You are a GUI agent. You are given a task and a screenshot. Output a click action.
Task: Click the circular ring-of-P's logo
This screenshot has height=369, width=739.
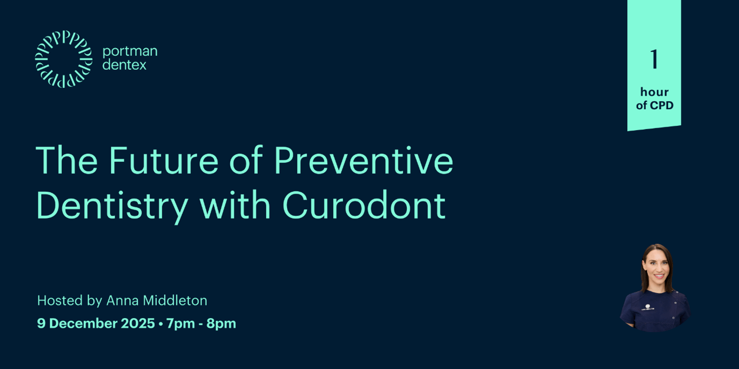(64, 59)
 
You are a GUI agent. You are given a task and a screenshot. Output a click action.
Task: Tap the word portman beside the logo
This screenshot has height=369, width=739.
(130, 51)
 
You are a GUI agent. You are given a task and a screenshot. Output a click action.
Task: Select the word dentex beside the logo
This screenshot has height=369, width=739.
(124, 65)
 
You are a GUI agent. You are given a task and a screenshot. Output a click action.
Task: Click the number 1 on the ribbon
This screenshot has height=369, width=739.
(654, 59)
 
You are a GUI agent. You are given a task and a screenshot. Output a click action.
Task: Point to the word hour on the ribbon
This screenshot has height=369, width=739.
(654, 92)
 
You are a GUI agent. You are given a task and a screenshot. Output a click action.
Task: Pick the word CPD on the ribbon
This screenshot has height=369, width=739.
(662, 106)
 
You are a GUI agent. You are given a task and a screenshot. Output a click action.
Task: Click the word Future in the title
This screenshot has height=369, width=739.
(163, 161)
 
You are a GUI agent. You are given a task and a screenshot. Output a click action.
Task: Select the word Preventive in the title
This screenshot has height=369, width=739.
(363, 161)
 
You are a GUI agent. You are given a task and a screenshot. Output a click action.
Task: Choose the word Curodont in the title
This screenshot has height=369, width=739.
(364, 206)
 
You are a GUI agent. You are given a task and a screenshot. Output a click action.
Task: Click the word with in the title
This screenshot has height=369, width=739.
(235, 206)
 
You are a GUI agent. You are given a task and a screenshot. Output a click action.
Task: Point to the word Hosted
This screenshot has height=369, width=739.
(60, 300)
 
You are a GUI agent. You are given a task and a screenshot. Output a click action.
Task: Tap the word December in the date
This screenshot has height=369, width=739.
(83, 323)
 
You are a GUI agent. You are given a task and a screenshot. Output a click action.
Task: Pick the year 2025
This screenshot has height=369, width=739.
(138, 323)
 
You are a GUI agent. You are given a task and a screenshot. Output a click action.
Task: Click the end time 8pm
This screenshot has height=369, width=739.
(221, 323)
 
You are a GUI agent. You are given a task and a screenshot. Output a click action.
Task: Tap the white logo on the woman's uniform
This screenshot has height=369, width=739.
(647, 306)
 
